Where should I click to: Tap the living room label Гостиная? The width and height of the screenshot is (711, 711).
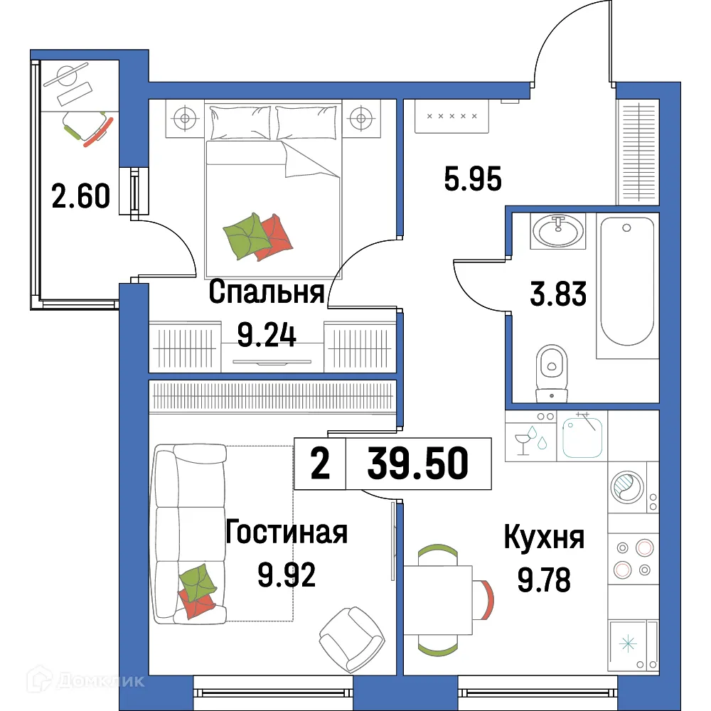286,532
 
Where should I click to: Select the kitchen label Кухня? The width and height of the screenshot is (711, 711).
544,538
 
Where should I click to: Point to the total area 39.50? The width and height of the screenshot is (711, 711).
418,464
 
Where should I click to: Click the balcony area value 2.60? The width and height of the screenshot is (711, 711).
81,195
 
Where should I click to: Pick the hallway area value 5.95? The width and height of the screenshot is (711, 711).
473,178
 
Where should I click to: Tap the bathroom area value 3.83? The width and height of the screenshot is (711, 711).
559,292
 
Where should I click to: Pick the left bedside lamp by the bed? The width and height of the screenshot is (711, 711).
185,117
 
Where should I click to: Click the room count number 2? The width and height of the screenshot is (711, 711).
320,464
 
